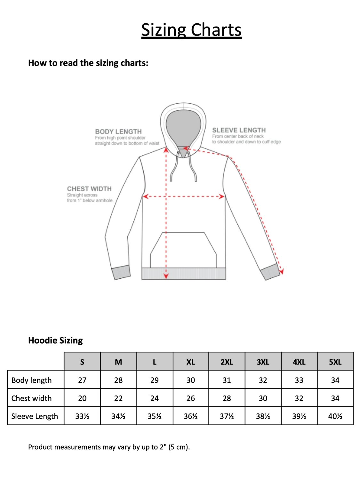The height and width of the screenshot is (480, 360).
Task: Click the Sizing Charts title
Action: click(191, 30)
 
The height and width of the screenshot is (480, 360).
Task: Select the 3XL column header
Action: click(263, 362)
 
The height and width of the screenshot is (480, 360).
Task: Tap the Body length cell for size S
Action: click(82, 380)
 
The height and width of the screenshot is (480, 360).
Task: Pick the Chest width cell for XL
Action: click(190, 398)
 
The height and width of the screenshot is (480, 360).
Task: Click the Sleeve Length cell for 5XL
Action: click(335, 416)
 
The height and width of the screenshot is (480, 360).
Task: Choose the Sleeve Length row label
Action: click(35, 416)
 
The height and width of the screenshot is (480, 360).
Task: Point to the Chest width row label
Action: click(31, 398)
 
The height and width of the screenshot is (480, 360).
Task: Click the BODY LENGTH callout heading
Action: click(118, 132)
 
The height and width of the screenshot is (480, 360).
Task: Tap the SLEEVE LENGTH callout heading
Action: click(239, 130)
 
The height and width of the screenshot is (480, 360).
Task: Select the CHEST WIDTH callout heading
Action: click(89, 189)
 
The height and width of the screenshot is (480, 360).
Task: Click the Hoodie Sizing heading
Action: click(55, 340)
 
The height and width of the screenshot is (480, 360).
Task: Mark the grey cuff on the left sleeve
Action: click(121, 272)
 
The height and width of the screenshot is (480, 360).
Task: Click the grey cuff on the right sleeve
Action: click(269, 272)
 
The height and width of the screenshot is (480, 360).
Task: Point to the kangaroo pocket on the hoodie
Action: click(183, 250)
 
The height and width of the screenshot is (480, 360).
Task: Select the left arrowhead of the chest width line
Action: click(145, 196)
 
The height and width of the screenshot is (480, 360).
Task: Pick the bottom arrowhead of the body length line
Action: click(166, 276)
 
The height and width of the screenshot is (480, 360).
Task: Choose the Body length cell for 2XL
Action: click(227, 380)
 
